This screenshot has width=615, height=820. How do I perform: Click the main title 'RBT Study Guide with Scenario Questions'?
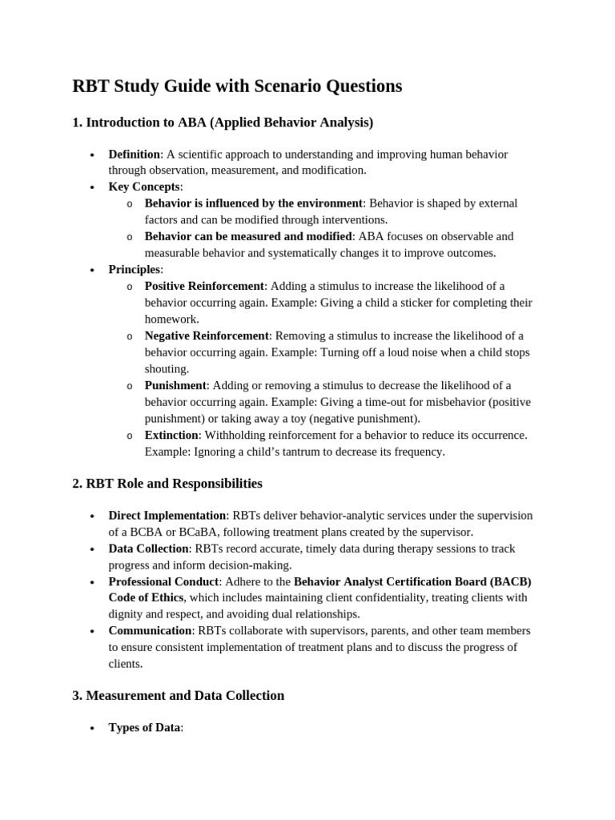coord(237,86)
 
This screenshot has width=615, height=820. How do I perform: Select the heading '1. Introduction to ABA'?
coord(223,123)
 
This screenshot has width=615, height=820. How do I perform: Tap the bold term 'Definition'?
coord(135,154)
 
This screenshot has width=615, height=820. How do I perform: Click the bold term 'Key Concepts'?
coord(144,187)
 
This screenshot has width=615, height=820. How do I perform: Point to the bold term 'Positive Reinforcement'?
coord(204,286)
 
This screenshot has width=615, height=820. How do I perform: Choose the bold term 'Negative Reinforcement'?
coord(207,336)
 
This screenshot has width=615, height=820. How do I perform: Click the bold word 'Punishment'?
coord(175,385)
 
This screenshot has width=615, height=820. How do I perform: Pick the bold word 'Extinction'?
coord(171,435)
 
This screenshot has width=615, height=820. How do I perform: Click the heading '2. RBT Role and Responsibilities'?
coord(167,484)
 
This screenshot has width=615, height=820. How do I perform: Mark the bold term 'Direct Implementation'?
coord(167,516)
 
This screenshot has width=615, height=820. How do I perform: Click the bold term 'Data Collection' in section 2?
coord(148,549)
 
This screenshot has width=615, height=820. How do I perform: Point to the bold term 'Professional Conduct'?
coord(163,581)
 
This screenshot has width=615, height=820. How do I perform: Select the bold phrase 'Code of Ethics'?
coord(147,597)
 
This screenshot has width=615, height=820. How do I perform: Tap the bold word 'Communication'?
coord(150,631)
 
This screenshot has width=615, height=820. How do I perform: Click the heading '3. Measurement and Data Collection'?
coord(178,695)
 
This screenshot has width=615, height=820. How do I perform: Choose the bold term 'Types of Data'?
coord(144,728)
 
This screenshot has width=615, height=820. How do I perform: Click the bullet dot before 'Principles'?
coord(93,270)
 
